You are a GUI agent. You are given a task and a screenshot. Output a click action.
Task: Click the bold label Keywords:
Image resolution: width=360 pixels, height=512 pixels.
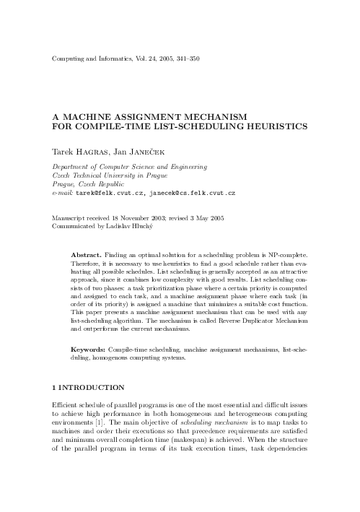click(x=90, y=350)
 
